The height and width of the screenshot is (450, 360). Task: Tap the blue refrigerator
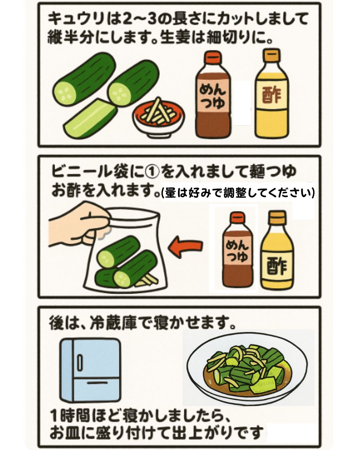(x=90, y=370)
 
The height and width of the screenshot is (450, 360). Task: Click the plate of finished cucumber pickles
(x=247, y=367)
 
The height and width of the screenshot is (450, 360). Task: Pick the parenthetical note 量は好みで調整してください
(x=237, y=193)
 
